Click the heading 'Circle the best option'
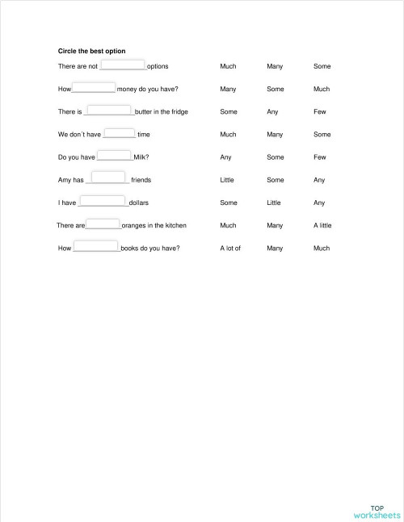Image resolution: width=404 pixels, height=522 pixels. [91, 52]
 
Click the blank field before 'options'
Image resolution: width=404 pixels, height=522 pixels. [123, 65]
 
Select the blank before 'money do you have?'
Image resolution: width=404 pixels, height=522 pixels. [95, 88]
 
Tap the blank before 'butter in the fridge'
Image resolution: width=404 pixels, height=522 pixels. [109, 111]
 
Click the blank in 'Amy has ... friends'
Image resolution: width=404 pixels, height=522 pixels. [108, 178]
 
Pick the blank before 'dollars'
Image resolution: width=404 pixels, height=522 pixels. [103, 202]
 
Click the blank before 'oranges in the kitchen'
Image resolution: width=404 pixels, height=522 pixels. [103, 224]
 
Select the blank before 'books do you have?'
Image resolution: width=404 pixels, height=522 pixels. [96, 248]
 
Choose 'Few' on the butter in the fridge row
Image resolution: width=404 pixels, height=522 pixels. [320, 112]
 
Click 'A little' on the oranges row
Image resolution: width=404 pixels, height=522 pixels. [322, 226]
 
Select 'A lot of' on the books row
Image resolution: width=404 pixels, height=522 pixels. [230, 248]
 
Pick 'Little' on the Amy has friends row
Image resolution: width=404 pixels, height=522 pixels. [227, 181]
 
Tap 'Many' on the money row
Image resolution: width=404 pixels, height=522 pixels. [228, 89]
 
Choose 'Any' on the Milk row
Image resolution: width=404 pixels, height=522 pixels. [225, 157]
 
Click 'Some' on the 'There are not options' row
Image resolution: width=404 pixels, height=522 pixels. [322, 66]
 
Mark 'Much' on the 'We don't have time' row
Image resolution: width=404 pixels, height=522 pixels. [228, 135]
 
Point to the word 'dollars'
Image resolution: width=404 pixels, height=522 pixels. [138, 203]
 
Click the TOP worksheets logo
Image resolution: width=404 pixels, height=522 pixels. [377, 512]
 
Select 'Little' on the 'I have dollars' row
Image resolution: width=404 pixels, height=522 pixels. [274, 203]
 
